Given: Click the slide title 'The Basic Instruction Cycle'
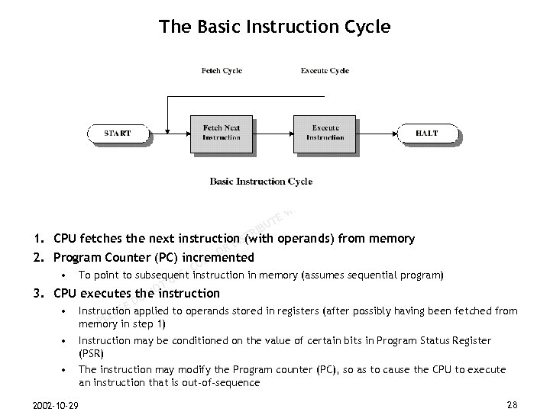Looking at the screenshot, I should coord(274,27).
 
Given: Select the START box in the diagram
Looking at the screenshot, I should coord(118,134).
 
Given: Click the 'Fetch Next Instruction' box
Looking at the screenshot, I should coord(221,133).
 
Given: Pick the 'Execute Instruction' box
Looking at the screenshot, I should coord(325,133).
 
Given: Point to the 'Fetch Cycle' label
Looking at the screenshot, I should coord(222,71).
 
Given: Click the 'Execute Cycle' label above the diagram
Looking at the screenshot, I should coord(325,71).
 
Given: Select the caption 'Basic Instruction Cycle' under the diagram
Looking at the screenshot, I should coord(260,182).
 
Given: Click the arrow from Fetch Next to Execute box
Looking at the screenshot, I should coord(273,134).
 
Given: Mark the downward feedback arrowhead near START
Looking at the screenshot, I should coord(167,127).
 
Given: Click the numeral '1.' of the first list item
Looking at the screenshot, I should coord(37,239).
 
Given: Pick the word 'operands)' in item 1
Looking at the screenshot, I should coord(309,239).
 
